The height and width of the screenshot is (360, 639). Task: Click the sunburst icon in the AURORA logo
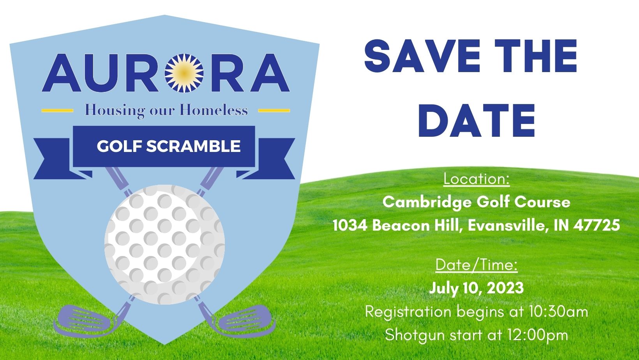(184, 73)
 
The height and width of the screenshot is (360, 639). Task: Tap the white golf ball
(164, 244)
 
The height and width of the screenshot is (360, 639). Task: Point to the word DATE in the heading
(477, 121)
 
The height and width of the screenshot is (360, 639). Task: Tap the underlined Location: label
(477, 179)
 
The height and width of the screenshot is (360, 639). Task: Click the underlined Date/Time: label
(477, 265)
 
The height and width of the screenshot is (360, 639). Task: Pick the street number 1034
(350, 225)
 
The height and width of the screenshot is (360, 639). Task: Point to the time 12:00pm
(538, 335)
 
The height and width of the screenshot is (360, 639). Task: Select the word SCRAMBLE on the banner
(193, 146)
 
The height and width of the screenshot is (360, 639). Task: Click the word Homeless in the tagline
(214, 110)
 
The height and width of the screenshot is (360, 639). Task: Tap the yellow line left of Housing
(57, 110)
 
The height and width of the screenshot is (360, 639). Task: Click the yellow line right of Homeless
(274, 110)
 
